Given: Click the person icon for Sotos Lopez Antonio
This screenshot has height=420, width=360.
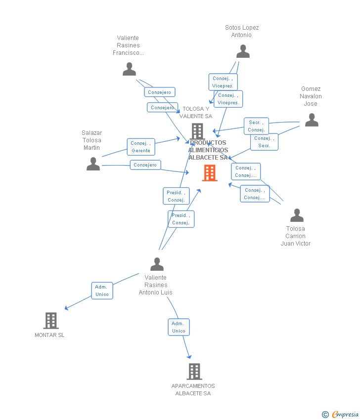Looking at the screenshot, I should tap(243, 51).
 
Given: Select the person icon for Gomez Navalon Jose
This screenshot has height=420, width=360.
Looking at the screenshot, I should tap(312, 120).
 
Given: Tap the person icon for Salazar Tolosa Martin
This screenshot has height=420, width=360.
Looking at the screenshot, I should tap(93, 164).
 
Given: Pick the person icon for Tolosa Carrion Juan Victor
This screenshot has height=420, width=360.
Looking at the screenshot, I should tap(297, 215).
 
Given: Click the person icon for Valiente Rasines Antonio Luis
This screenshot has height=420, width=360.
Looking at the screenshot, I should tap(157, 264).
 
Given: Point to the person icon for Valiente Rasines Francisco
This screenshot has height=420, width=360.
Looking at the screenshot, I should tap(129, 69).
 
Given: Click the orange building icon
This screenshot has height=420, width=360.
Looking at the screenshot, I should tap(210, 173).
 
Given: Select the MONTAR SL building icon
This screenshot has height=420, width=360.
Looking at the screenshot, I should tap(51, 321).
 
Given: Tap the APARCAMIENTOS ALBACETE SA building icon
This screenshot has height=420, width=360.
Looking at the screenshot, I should tap(194, 372).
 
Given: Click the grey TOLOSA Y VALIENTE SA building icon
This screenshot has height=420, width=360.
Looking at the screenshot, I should tap(197, 131).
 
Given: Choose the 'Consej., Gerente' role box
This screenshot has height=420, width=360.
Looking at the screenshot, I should tap(141, 147).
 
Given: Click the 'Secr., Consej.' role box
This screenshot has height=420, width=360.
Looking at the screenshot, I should tap(256, 126).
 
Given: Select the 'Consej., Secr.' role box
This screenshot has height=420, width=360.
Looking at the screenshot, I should tap(264, 142).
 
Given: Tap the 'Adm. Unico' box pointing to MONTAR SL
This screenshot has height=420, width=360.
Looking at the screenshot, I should tap(102, 291).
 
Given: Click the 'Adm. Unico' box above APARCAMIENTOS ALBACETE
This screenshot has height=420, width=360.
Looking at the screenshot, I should tap(179, 327).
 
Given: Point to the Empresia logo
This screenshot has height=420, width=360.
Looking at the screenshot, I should tap(345, 415).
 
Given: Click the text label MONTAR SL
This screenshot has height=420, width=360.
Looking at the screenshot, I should tap(49, 335).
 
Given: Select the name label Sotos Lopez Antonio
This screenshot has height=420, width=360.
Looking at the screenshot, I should tap(242, 31).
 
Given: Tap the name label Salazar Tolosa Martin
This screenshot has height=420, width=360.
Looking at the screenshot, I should tap(91, 140).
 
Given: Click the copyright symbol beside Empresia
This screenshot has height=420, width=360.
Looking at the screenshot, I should tap(325, 415).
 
